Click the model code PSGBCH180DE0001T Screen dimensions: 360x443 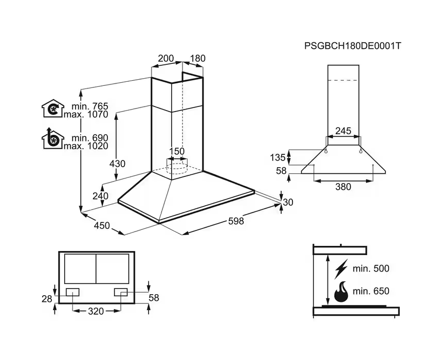(x=352, y=46)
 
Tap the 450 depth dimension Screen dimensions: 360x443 (x=102, y=225)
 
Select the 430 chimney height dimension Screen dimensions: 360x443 (x=117, y=164)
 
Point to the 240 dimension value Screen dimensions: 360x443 (x=101, y=196)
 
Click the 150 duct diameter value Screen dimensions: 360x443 (x=177, y=151)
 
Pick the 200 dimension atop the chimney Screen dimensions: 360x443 (x=165, y=59)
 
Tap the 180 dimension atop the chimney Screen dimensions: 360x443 (x=198, y=59)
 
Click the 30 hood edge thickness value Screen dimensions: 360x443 (x=288, y=203)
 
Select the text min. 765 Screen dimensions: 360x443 (x=90, y=106)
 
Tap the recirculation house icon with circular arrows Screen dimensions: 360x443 (x=52, y=109)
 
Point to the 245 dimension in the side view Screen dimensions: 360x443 (x=343, y=131)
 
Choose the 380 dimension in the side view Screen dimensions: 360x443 (x=343, y=187)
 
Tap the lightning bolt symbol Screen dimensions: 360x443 (x=341, y=269)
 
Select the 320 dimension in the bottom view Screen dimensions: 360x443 (x=96, y=311)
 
